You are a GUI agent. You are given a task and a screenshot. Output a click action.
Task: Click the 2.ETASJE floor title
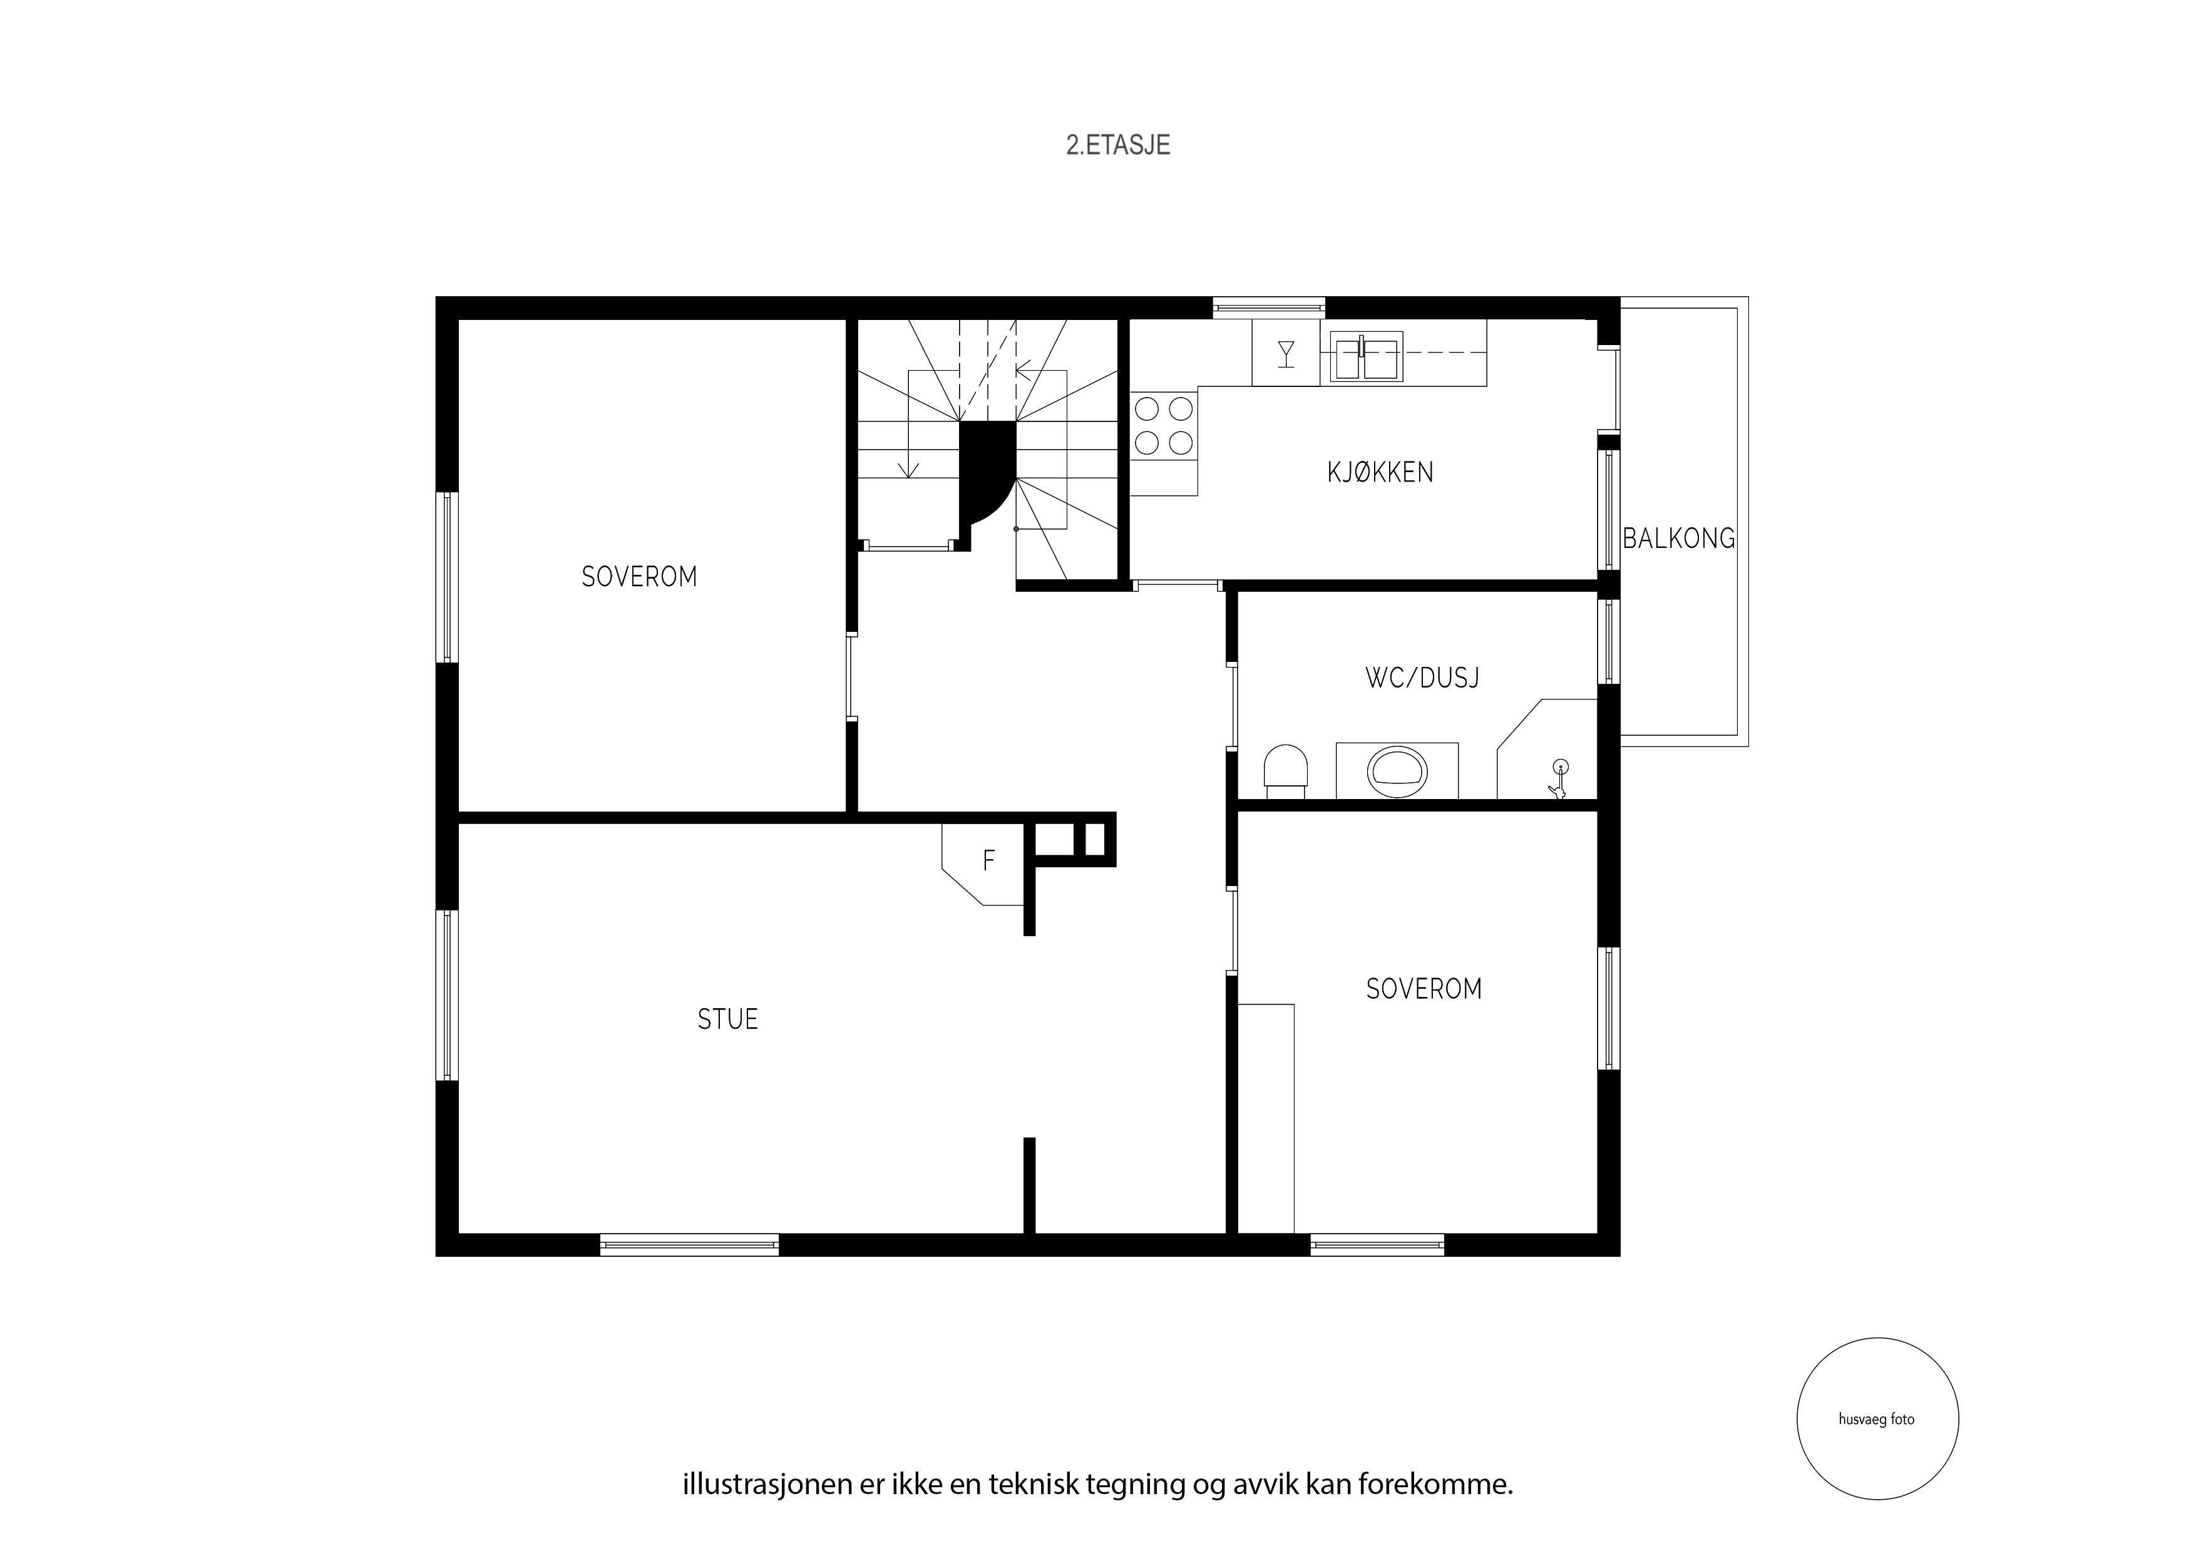pyautogui.click(x=1118, y=145)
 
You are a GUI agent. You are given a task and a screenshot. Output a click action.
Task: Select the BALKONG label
pyautogui.click(x=1678, y=539)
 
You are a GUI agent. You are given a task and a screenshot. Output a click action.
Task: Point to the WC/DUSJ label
pyautogui.click(x=1422, y=678)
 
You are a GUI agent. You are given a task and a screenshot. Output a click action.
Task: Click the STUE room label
pyautogui.click(x=728, y=1019)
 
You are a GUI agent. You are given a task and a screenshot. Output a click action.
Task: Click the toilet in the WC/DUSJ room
pyautogui.click(x=1285, y=772)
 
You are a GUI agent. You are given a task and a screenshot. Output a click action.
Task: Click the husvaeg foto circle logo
pyautogui.click(x=1877, y=1418)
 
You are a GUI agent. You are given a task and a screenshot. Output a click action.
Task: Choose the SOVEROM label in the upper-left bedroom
pyautogui.click(x=639, y=577)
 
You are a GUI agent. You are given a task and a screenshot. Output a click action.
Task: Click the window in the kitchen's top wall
pyautogui.click(x=1269, y=307)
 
